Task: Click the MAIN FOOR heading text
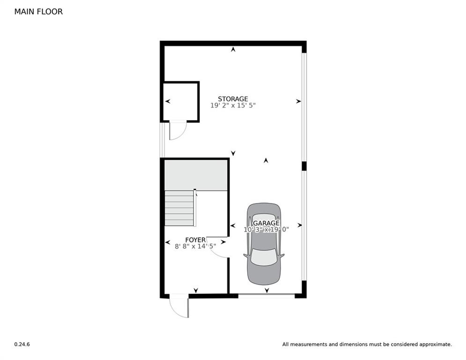(38, 12)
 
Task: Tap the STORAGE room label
(233, 99)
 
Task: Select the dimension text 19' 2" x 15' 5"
(233, 106)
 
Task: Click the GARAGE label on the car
(266, 223)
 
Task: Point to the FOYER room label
(195, 240)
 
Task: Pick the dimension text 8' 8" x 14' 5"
(195, 246)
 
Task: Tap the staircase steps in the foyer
(179, 208)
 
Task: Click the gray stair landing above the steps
(196, 174)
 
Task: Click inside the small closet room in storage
(181, 102)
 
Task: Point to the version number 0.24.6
(22, 345)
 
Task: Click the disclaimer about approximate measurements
(367, 345)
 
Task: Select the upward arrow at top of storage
(233, 49)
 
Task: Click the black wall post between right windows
(304, 166)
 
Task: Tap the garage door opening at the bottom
(266, 296)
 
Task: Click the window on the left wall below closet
(162, 139)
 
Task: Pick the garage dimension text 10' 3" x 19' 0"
(266, 230)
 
